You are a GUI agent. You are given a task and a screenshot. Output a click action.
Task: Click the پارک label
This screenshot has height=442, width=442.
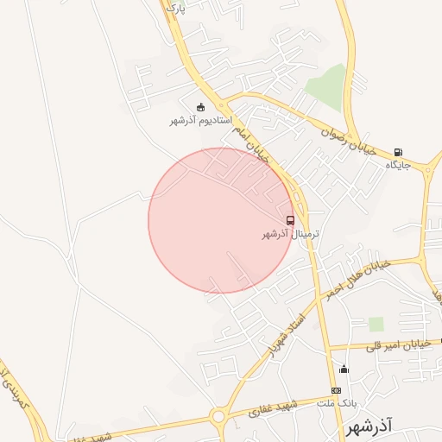point(175,8)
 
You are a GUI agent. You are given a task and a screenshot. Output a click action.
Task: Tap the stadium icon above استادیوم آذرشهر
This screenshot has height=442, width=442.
point(201,108)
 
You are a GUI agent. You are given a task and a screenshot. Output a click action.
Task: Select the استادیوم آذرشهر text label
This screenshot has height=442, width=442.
point(201,121)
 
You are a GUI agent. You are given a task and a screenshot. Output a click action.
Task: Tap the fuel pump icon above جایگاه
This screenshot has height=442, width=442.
point(397,152)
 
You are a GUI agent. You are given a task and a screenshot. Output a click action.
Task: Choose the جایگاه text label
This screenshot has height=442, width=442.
point(395,164)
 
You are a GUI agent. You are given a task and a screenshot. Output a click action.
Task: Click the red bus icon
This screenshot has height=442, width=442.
point(290,220)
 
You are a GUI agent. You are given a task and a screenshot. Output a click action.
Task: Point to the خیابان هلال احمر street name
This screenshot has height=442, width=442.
point(357,280)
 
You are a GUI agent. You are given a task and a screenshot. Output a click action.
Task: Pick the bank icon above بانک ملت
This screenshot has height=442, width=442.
point(336,391)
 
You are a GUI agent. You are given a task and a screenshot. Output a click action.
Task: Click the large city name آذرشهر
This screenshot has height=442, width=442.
point(368,427)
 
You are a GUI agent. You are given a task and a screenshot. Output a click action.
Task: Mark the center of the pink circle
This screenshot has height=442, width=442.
point(222,220)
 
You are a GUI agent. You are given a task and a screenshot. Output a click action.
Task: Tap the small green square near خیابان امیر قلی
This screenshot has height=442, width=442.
point(376,324)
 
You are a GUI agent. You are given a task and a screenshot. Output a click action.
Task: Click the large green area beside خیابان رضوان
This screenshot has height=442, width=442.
point(326,86)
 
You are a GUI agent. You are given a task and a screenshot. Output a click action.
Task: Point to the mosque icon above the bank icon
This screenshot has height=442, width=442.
point(344,370)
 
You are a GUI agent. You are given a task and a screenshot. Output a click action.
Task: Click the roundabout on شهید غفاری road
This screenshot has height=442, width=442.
point(218,417)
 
